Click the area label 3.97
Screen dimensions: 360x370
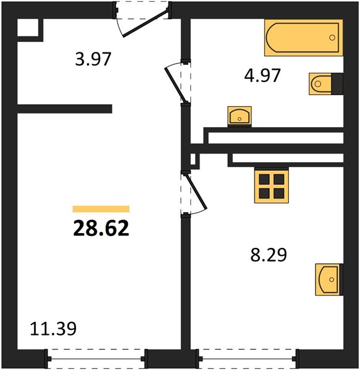[x=93, y=59]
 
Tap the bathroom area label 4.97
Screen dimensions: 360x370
[x=262, y=75]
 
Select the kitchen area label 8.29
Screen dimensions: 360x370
[x=269, y=255]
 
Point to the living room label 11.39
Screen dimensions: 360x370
[x=53, y=329]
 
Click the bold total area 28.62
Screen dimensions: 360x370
[x=101, y=228]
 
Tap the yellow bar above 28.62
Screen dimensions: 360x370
[x=101, y=209]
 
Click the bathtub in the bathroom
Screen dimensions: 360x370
[x=304, y=38]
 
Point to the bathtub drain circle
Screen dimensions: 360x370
[x=332, y=38]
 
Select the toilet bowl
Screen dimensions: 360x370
[x=320, y=84]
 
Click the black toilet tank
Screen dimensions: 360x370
[x=337, y=84]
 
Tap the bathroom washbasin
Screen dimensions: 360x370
[x=240, y=117]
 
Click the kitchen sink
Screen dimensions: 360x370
[x=329, y=279]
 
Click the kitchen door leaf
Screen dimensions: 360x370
[x=196, y=192]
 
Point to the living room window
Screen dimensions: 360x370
[x=96, y=359]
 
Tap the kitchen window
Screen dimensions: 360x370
[x=248, y=359]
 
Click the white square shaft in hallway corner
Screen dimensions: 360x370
[x=28, y=28]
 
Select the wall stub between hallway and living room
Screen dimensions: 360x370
[x=64, y=109]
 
